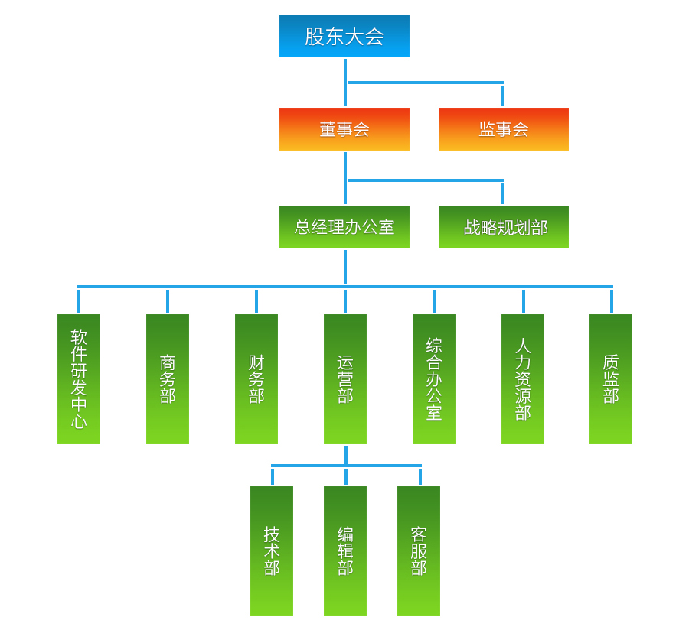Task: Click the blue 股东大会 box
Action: pos(344,36)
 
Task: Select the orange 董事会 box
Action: pos(344,129)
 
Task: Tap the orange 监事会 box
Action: pos(504,129)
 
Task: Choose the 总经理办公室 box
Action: pos(344,227)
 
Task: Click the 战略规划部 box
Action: pos(504,227)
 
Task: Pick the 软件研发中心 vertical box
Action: pos(79,379)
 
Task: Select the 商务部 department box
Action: pos(168,379)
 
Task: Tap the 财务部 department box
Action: pos(256,379)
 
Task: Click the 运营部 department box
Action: pos(345,379)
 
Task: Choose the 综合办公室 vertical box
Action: pos(434,379)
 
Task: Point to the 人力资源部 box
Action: pos(523,379)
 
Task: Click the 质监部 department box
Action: pos(611,379)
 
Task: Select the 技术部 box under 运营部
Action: pos(272,551)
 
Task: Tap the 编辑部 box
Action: pos(345,551)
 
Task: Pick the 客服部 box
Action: pos(419,551)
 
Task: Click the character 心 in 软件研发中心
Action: pos(79,421)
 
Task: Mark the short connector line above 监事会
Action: pos(502,96)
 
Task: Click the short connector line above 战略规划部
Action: pos(502,193)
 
